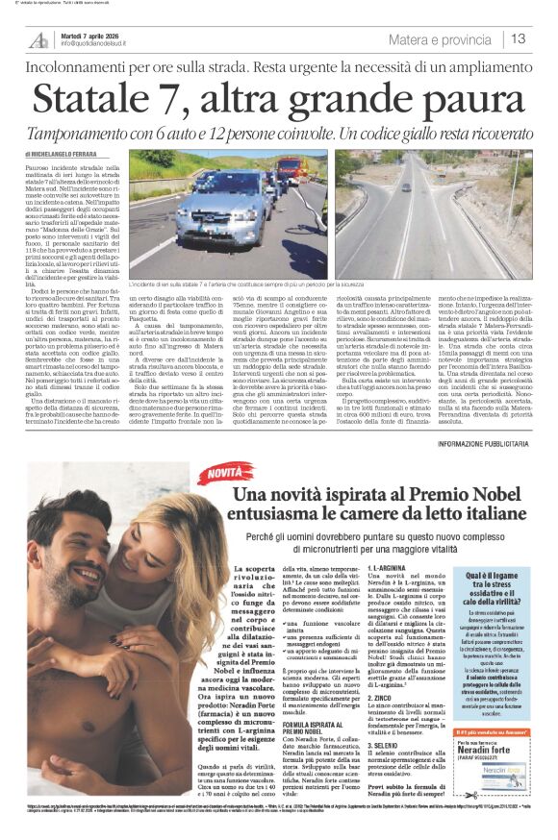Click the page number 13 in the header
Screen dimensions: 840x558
point(519,39)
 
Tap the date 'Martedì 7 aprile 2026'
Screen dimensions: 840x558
point(89,34)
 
